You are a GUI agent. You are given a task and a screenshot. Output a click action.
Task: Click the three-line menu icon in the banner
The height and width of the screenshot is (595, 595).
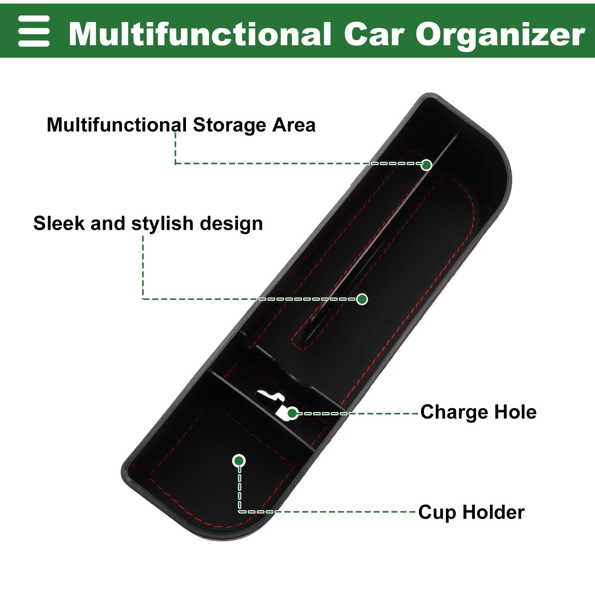[x=34, y=31]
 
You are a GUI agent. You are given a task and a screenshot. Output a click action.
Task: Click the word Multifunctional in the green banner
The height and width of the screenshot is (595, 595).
[x=200, y=34]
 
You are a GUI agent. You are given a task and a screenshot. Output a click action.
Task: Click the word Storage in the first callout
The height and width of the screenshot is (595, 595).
[x=229, y=125]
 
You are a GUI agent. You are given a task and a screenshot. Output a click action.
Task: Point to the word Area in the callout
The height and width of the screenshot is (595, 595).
[x=294, y=125]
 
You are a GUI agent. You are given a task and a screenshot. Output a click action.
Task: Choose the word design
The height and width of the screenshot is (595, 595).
[x=231, y=224]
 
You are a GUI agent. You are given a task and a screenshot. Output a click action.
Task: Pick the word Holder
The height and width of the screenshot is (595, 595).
[x=493, y=512]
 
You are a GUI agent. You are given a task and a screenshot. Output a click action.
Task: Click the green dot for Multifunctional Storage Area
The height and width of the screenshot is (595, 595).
[x=427, y=165]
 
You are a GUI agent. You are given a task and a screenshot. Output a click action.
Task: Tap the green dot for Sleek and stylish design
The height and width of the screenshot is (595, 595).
[x=362, y=299]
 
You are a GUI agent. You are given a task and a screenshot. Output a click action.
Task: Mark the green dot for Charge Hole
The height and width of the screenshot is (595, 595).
[x=292, y=413]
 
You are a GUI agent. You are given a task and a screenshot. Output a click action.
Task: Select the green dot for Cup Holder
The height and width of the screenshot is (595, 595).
[x=239, y=461]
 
